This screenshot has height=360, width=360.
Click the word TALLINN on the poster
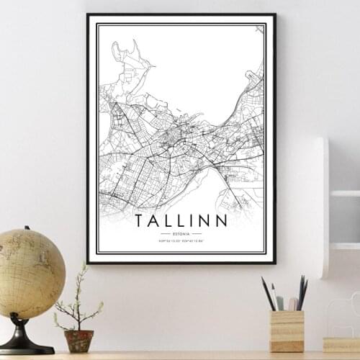(181, 220)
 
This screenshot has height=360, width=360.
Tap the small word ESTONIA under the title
(181, 234)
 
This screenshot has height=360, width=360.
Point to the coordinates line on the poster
(181, 242)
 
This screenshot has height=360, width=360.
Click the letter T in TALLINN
(138, 220)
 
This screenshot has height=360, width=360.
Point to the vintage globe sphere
(30, 273)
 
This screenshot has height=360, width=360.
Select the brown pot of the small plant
(78, 340)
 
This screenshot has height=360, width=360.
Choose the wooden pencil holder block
(287, 330)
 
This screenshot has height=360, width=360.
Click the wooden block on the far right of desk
(342, 345)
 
